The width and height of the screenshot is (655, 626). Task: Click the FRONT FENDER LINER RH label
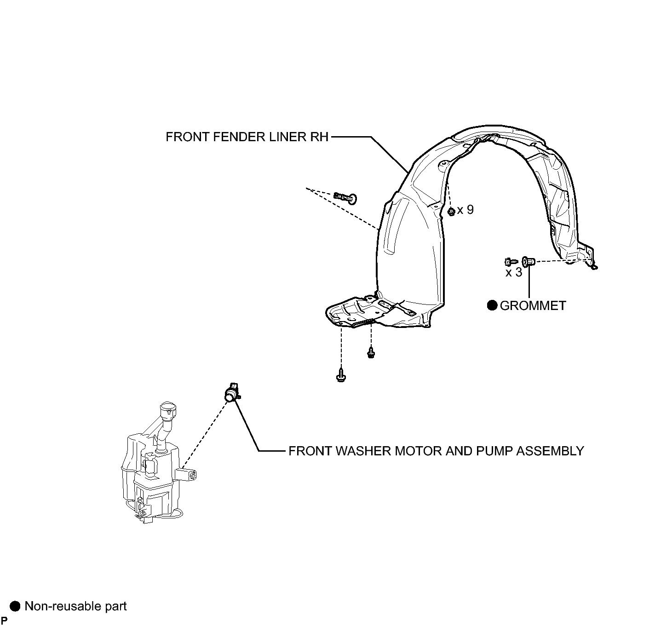pos(247,137)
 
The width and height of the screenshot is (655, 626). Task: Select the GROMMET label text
pos(533,305)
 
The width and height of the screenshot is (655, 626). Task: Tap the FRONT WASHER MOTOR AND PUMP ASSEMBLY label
pos(436,451)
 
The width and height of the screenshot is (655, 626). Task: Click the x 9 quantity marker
pos(465,210)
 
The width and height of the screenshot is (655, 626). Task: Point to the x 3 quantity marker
pos(514,272)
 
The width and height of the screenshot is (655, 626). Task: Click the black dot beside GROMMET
pos(493,305)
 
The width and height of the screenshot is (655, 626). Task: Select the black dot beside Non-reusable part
pos(15,606)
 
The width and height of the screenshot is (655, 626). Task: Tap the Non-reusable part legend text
pos(76,606)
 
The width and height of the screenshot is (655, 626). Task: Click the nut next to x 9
pos(451,212)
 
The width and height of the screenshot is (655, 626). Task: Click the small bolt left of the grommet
pos(511,261)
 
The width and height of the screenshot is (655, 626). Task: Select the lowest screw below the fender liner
pos(341,375)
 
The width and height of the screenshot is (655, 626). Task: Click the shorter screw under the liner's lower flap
pos(371,352)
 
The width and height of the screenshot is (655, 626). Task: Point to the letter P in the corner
pos(4,620)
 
